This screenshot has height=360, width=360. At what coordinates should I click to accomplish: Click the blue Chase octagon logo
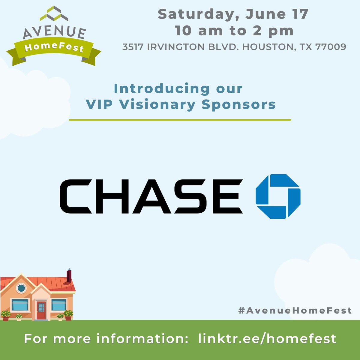[x=278, y=196]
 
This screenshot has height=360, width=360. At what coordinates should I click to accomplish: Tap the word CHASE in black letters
[x=151, y=196]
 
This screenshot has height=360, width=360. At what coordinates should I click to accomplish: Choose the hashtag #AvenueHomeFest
[x=295, y=310]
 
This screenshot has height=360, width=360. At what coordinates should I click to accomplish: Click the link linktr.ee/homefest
[x=267, y=339]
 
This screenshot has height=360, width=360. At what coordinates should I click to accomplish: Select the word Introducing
[x=162, y=89]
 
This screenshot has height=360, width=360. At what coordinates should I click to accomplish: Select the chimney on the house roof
[x=69, y=276]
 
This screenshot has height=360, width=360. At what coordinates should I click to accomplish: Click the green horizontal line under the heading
[x=180, y=120]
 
